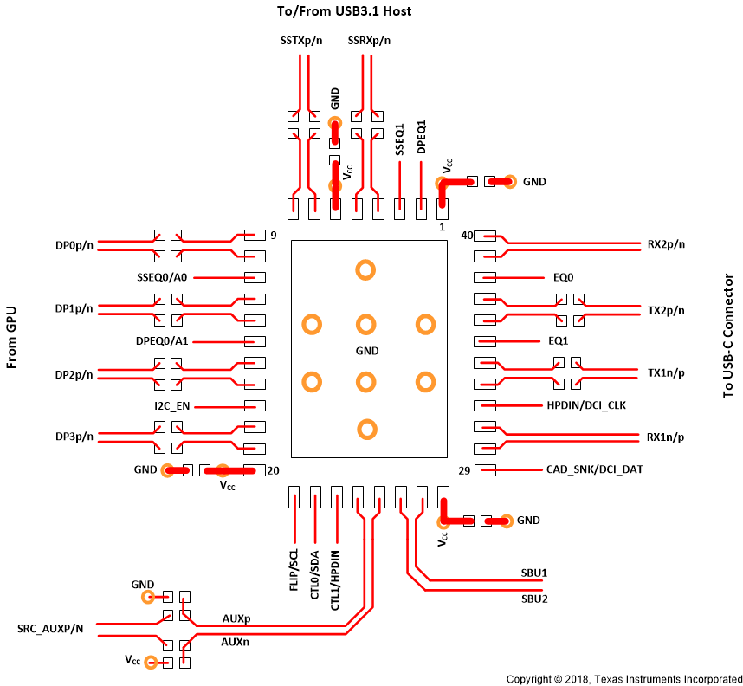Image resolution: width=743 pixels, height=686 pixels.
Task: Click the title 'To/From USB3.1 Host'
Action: pyautogui.click(x=343, y=11)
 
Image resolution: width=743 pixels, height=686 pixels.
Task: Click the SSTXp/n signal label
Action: pyautogui.click(x=302, y=40)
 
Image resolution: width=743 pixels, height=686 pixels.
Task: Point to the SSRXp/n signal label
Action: pyautogui.click(x=369, y=40)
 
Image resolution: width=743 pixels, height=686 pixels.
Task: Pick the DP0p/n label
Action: pyautogui.click(x=74, y=245)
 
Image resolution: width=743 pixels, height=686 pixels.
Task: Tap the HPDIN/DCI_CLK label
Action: pyautogui.click(x=586, y=405)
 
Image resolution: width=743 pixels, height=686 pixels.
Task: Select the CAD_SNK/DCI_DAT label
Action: pyautogui.click(x=594, y=469)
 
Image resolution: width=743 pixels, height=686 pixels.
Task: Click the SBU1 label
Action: pyautogui.click(x=533, y=573)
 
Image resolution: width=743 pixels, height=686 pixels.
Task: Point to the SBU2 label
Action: pyautogui.click(x=534, y=599)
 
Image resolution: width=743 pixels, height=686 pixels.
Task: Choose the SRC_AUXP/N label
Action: pyautogui.click(x=50, y=628)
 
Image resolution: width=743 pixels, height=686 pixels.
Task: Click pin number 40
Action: pyautogui.click(x=467, y=236)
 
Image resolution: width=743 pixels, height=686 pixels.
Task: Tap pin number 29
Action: pyautogui.click(x=464, y=470)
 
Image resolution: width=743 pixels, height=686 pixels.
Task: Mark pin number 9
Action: pyautogui.click(x=273, y=235)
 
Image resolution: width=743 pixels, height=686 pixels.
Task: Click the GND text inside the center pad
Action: pyautogui.click(x=368, y=351)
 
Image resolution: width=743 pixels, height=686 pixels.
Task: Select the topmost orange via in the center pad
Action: pyautogui.click(x=365, y=270)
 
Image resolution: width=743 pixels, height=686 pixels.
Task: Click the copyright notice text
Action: pyautogui.click(x=623, y=678)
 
